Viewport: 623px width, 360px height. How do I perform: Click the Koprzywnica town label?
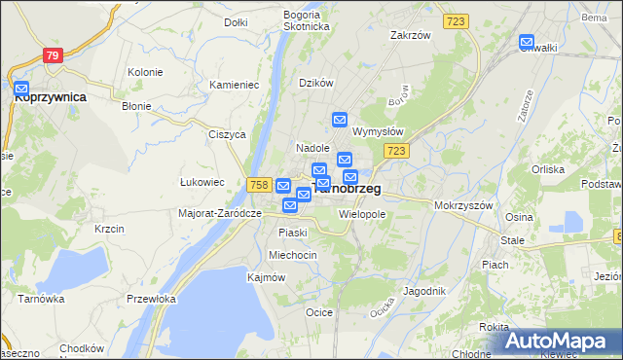click(51, 97)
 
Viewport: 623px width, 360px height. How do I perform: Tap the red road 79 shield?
click(53, 55)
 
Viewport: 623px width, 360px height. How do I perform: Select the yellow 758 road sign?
click(258, 185)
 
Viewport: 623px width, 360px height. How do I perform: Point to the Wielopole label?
click(362, 213)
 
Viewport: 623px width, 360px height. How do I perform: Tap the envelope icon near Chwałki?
click(527, 43)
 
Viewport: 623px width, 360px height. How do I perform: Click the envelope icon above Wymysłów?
click(340, 120)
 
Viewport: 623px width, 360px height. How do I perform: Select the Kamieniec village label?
click(234, 85)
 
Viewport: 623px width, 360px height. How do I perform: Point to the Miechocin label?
click(293, 254)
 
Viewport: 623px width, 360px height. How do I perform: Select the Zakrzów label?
click(410, 35)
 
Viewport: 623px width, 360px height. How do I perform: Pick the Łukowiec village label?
click(202, 182)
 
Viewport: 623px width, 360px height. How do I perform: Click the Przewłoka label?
click(151, 300)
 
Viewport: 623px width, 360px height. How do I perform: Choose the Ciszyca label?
click(227, 134)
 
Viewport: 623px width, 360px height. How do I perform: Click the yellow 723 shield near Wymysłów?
click(395, 151)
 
